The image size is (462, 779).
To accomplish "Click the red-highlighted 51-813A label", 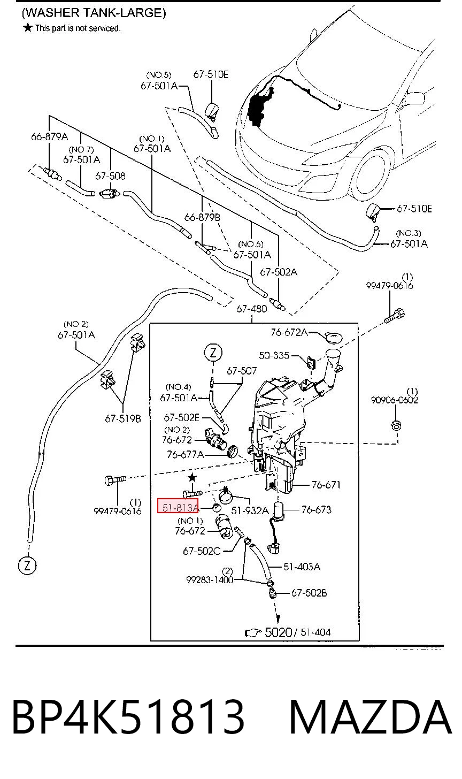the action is pyautogui.click(x=178, y=508).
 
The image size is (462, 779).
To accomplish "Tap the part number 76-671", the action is pyautogui.click(x=326, y=484).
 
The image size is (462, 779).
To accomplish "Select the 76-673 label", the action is pyautogui.click(x=317, y=510).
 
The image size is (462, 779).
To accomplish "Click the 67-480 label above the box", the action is pyautogui.click(x=252, y=309).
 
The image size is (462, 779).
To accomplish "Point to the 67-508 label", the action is pyautogui.click(x=110, y=176).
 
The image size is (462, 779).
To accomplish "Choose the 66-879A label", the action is pyautogui.click(x=50, y=136).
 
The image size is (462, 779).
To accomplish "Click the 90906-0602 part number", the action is pyautogui.click(x=394, y=400).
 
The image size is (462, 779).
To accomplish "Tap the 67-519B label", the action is pyautogui.click(x=122, y=419).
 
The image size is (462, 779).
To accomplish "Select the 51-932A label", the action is pyautogui.click(x=250, y=510).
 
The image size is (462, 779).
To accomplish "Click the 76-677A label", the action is pyautogui.click(x=186, y=455).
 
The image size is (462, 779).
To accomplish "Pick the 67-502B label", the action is pyautogui.click(x=309, y=593).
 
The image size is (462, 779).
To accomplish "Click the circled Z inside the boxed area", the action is pyautogui.click(x=213, y=353).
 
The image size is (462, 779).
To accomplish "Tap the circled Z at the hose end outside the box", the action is pyautogui.click(x=27, y=566).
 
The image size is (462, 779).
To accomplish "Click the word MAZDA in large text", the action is pyautogui.click(x=371, y=717).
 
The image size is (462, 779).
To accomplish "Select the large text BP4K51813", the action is pyautogui.click(x=128, y=717).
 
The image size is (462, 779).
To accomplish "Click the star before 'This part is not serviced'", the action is pyautogui.click(x=27, y=27).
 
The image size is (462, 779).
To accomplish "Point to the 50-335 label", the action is pyautogui.click(x=274, y=355).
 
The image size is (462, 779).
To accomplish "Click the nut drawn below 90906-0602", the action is pyautogui.click(x=396, y=425).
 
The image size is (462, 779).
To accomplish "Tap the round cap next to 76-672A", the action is pyautogui.click(x=333, y=337).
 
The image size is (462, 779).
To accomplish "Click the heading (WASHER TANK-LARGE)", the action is pyautogui.click(x=94, y=13).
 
